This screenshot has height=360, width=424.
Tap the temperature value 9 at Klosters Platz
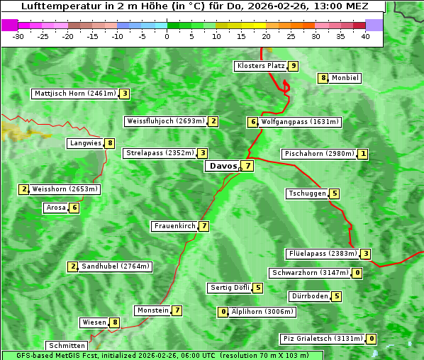click(293, 66)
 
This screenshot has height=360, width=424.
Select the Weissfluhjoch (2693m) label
click(165, 121)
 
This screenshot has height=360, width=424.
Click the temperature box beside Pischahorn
click(363, 154)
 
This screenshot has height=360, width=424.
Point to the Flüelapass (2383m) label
click(322, 254)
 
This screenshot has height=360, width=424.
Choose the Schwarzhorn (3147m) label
click(311, 273)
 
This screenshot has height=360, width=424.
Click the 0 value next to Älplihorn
click(223, 312)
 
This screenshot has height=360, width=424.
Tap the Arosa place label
click(56, 208)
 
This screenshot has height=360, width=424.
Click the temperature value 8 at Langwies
click(110, 143)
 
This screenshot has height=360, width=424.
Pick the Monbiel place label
click(345, 78)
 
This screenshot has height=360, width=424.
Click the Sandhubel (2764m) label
click(115, 266)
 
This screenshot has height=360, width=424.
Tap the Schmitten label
click(66, 346)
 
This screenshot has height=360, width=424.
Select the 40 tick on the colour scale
click(365, 36)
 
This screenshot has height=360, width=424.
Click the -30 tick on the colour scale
click(18, 36)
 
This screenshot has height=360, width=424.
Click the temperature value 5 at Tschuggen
click(335, 193)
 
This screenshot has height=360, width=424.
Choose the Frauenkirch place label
click(174, 226)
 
